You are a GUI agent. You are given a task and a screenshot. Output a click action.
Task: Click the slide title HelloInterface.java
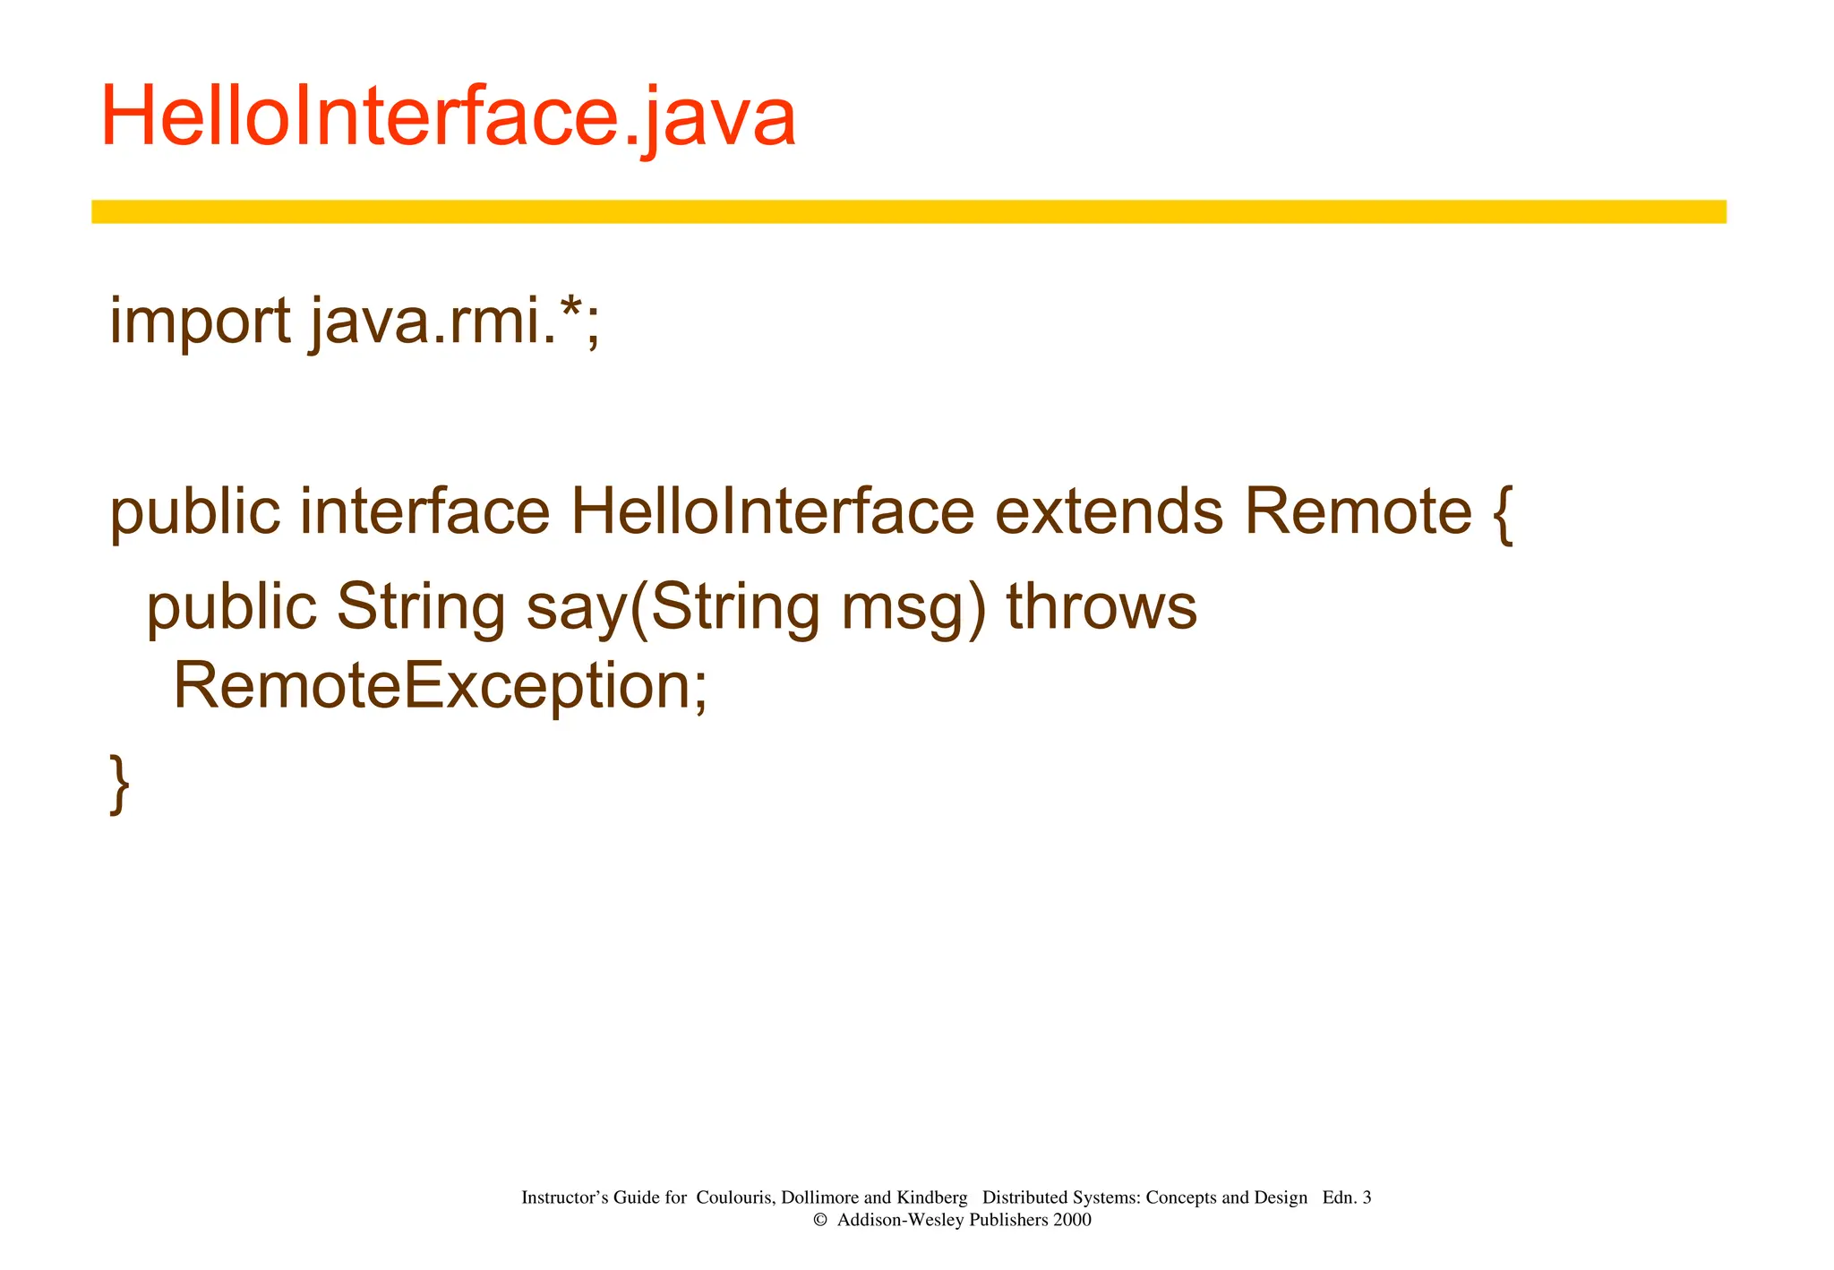pos(448,117)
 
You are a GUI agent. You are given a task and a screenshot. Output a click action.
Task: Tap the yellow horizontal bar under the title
pos(908,211)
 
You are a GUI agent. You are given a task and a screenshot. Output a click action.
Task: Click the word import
pos(199,322)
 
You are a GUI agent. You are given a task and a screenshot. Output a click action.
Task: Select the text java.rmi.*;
pos(455,322)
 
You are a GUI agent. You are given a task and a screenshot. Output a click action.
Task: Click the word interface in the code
pos(424,511)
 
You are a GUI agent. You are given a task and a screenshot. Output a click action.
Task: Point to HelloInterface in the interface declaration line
pos(772,511)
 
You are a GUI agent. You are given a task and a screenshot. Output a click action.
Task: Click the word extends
pos(1109,511)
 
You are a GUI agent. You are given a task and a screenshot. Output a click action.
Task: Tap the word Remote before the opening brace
pos(1358,511)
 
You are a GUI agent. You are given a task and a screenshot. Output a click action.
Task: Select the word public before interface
pos(194,513)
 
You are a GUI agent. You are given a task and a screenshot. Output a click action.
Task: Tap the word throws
pos(1101,606)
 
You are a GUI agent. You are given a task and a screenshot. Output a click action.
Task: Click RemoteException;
pos(440,686)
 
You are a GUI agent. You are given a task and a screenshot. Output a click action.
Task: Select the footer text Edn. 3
pos(1346,1197)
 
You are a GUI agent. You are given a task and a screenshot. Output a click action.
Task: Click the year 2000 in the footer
pos(1072,1220)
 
